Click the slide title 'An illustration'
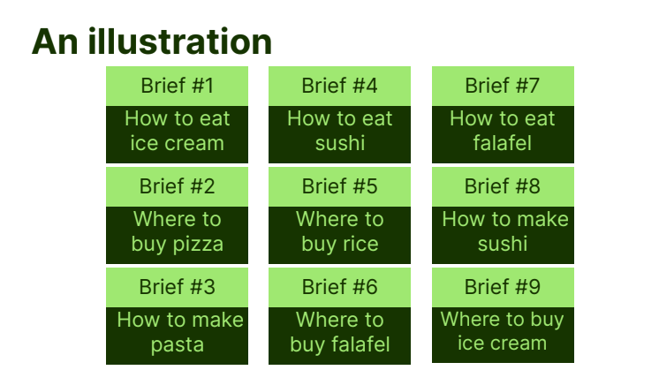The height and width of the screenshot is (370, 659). [152, 42]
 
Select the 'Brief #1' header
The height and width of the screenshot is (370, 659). [177, 86]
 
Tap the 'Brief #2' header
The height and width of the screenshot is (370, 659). [177, 186]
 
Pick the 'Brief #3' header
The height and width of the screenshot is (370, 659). [177, 287]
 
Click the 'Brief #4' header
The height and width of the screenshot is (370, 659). [339, 86]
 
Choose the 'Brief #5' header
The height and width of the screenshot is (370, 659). [339, 186]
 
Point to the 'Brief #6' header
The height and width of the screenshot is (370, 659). [339, 287]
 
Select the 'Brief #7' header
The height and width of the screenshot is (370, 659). [503, 86]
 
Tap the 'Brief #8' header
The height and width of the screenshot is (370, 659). [503, 186]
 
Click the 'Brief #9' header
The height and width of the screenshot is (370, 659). [503, 287]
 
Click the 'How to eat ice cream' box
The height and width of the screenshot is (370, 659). [177, 134]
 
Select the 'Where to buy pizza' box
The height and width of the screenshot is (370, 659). [177, 235]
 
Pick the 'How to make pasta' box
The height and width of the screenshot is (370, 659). [177, 336]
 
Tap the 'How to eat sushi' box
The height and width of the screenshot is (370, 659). [339, 134]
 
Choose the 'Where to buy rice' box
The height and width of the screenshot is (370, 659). [339, 235]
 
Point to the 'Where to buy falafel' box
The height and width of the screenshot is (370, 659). [339, 336]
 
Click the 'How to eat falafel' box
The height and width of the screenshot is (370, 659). [503, 134]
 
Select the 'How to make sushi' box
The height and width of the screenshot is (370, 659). [503, 235]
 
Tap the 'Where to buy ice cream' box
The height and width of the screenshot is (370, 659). [503, 336]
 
